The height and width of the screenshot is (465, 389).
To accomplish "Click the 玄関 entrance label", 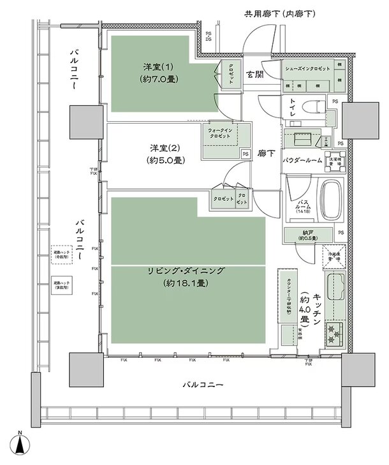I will click(256, 75).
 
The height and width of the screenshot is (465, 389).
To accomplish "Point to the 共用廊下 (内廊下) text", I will click(281, 13).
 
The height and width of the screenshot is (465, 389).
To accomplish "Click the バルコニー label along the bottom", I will click(203, 385).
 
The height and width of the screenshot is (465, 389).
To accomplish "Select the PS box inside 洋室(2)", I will click(246, 154).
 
